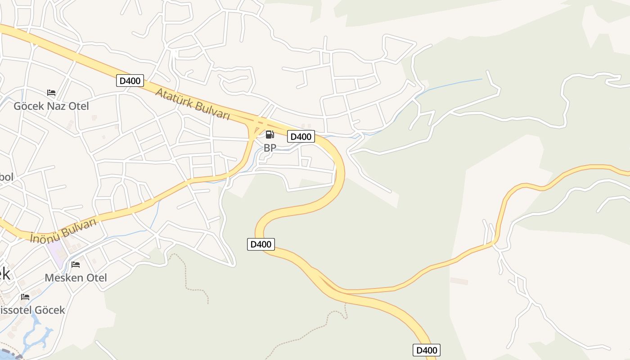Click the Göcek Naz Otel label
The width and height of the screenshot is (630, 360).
click(x=51, y=106)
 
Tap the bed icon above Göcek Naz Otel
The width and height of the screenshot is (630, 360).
click(x=51, y=93)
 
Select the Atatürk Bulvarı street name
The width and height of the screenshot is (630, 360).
click(x=193, y=104)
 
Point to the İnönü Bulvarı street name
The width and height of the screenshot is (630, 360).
click(x=63, y=230)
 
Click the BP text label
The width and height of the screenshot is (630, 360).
click(x=270, y=148)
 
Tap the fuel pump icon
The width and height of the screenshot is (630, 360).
click(x=270, y=134)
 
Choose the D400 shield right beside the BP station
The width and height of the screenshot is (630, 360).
click(x=301, y=137)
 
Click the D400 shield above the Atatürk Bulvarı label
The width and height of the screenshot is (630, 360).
click(x=130, y=81)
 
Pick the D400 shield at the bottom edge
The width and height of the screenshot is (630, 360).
click(x=426, y=350)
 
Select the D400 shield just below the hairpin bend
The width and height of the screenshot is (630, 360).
click(x=261, y=244)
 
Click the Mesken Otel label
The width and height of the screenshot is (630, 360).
click(x=76, y=278)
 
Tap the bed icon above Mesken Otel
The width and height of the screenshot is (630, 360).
click(x=76, y=264)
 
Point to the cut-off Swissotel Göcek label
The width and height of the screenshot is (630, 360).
click(x=31, y=310)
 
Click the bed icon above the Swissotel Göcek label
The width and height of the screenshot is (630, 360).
click(x=25, y=297)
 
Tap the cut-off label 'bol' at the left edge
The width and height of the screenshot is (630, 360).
click(x=6, y=177)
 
